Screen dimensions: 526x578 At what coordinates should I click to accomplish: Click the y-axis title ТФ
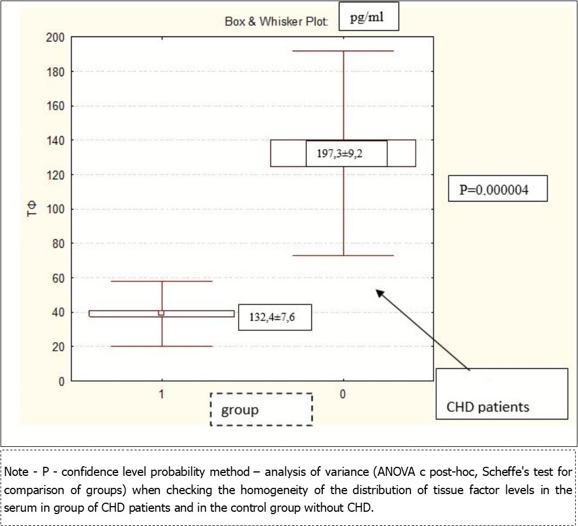35,209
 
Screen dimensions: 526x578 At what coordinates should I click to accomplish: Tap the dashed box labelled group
261,409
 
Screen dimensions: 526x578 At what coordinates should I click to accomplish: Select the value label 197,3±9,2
346,154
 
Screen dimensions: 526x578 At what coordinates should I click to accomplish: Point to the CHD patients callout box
502,394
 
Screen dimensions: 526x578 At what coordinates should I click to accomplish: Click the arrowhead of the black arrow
378,292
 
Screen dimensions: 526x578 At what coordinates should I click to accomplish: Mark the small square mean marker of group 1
162,313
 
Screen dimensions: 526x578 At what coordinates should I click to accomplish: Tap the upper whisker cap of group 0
343,51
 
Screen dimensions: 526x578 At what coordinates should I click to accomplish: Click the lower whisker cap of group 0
343,255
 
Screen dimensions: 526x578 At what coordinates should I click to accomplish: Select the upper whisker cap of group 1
162,281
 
